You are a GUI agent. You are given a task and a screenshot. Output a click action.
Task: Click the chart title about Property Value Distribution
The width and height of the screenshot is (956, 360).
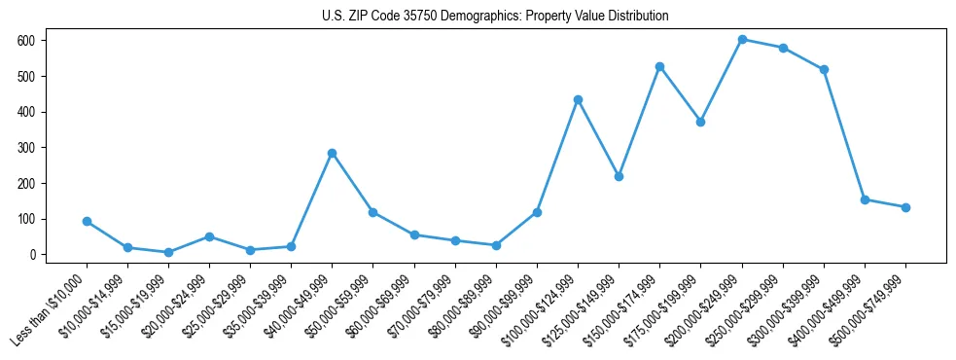[x=495, y=16]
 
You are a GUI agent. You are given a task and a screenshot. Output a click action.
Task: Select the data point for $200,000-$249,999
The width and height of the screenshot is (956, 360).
[x=742, y=40]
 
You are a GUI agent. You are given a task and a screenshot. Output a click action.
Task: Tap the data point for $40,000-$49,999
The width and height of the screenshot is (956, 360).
[x=333, y=153]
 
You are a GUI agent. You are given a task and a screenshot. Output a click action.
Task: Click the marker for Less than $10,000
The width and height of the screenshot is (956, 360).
[x=87, y=221]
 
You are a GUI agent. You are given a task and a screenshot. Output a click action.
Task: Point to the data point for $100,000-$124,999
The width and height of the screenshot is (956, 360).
[x=578, y=99]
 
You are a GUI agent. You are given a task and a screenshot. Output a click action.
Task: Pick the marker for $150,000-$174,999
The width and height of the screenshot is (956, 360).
[x=660, y=66]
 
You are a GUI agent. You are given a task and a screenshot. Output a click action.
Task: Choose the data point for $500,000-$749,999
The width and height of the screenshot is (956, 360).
[x=905, y=207]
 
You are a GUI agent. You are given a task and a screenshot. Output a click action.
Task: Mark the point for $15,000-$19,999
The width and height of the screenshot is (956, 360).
[x=168, y=252]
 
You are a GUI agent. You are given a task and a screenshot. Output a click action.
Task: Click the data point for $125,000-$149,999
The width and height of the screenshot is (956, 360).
[x=619, y=176]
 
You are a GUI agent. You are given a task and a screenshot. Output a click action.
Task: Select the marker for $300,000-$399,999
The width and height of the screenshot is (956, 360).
[x=824, y=69]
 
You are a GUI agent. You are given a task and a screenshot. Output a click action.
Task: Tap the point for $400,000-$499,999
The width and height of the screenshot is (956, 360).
[x=865, y=199]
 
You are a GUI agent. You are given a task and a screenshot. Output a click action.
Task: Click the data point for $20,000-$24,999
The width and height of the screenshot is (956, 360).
[x=209, y=236]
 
